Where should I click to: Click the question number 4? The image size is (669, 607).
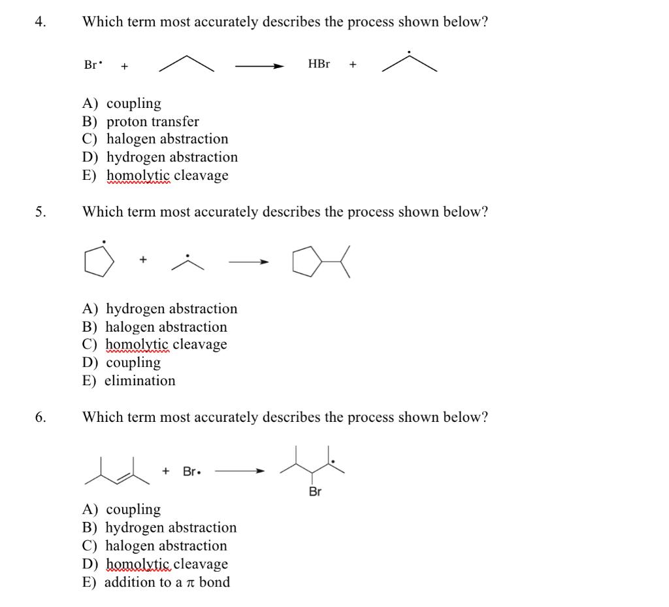click(x=41, y=22)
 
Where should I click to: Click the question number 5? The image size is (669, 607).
click(x=41, y=213)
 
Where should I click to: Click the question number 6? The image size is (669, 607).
click(x=41, y=417)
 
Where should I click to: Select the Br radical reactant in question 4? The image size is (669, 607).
click(x=93, y=65)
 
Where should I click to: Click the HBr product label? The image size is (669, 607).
click(x=319, y=64)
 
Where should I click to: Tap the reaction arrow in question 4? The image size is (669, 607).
click(x=259, y=65)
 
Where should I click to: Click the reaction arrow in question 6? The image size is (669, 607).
click(x=239, y=471)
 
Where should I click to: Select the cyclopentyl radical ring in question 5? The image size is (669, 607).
click(x=99, y=262)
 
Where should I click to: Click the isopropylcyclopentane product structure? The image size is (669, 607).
click(x=321, y=262)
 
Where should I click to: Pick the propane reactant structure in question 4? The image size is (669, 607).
click(x=187, y=64)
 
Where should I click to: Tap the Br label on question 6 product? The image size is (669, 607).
click(x=315, y=492)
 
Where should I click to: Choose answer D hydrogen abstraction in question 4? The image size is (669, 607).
click(x=160, y=157)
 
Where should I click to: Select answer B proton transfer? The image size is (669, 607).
click(x=140, y=122)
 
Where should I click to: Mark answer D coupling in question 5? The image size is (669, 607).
click(x=122, y=362)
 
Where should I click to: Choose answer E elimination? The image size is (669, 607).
click(x=129, y=381)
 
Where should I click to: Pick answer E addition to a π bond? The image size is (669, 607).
click(x=156, y=582)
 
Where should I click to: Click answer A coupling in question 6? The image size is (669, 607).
click(x=122, y=510)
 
